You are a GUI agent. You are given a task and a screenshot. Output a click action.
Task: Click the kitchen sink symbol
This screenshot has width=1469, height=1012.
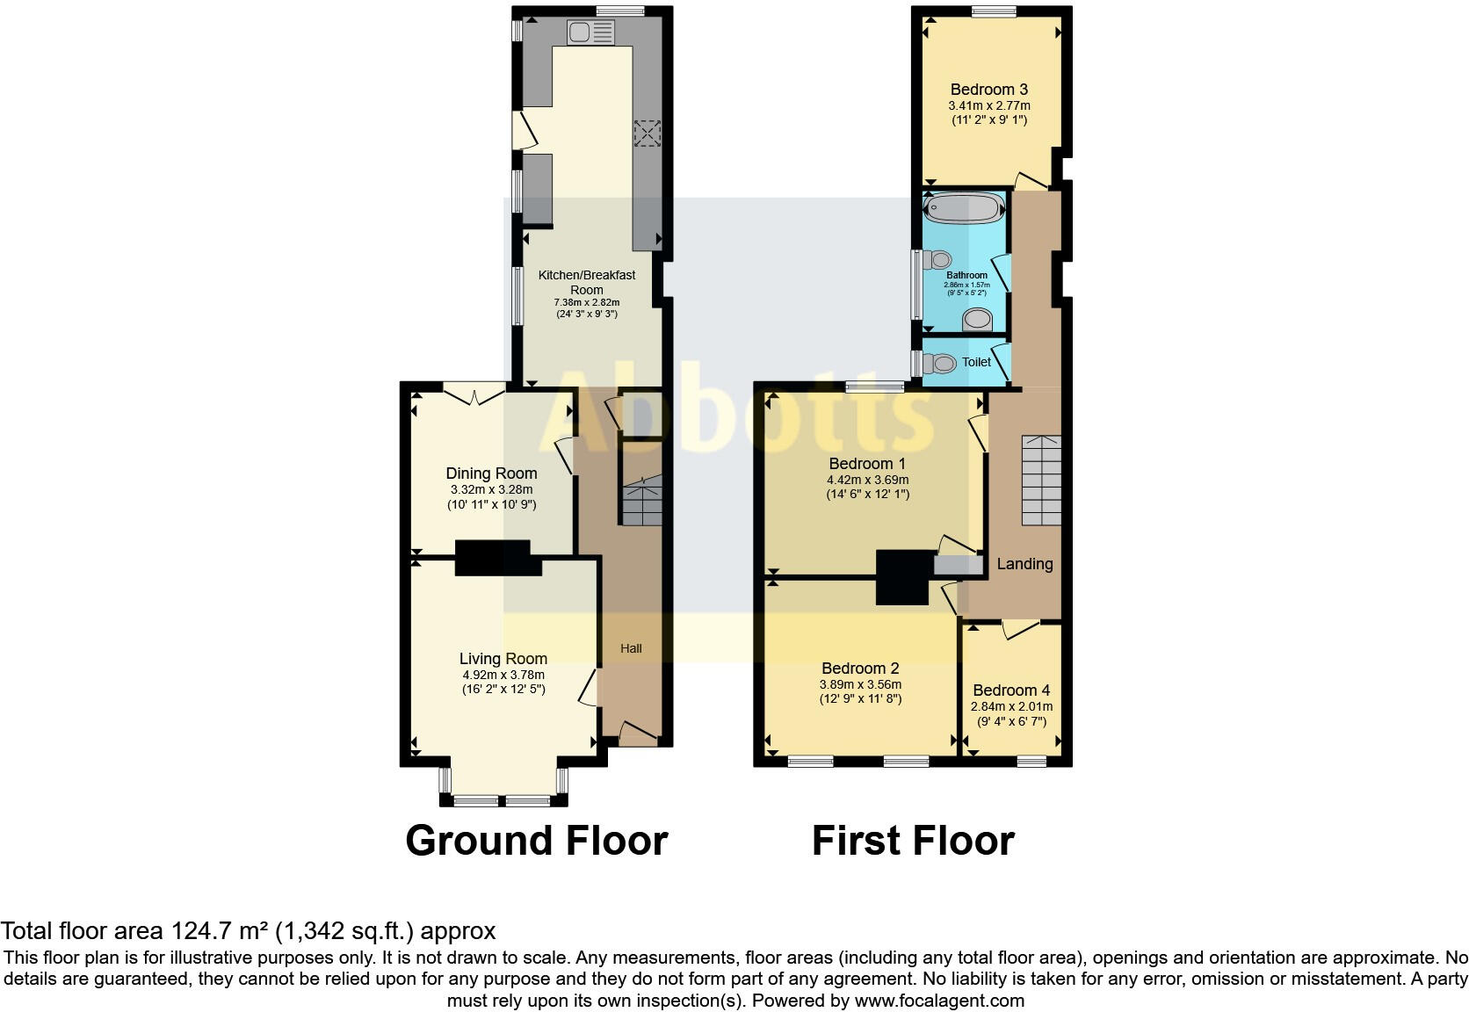point(591,33)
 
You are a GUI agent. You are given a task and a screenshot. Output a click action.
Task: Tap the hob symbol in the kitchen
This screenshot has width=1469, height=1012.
point(647,134)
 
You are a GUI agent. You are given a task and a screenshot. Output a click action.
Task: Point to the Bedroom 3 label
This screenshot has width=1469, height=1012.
point(988,90)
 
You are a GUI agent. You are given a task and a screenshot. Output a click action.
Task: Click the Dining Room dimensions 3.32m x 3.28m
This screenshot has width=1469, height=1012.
point(491,489)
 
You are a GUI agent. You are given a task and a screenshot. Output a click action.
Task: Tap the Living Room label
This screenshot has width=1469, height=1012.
point(503,659)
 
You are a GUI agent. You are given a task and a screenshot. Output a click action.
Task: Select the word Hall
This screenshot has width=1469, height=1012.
point(631,648)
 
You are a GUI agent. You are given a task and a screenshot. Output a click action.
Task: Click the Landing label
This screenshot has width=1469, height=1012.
point(1024,564)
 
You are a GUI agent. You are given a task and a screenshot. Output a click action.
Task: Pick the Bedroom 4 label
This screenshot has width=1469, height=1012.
point(1010,690)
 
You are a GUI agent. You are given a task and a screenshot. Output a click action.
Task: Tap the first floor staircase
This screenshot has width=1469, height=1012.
point(1041,481)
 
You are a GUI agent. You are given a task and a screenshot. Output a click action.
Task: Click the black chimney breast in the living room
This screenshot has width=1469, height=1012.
point(493,558)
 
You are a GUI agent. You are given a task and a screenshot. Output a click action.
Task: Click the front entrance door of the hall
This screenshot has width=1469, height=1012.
point(639,734)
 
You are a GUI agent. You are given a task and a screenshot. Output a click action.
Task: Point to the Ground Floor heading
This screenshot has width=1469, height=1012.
point(536,841)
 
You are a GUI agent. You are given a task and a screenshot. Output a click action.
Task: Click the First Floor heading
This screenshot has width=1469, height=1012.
point(913,841)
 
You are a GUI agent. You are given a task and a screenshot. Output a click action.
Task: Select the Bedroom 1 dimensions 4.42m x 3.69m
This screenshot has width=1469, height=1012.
point(867,480)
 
